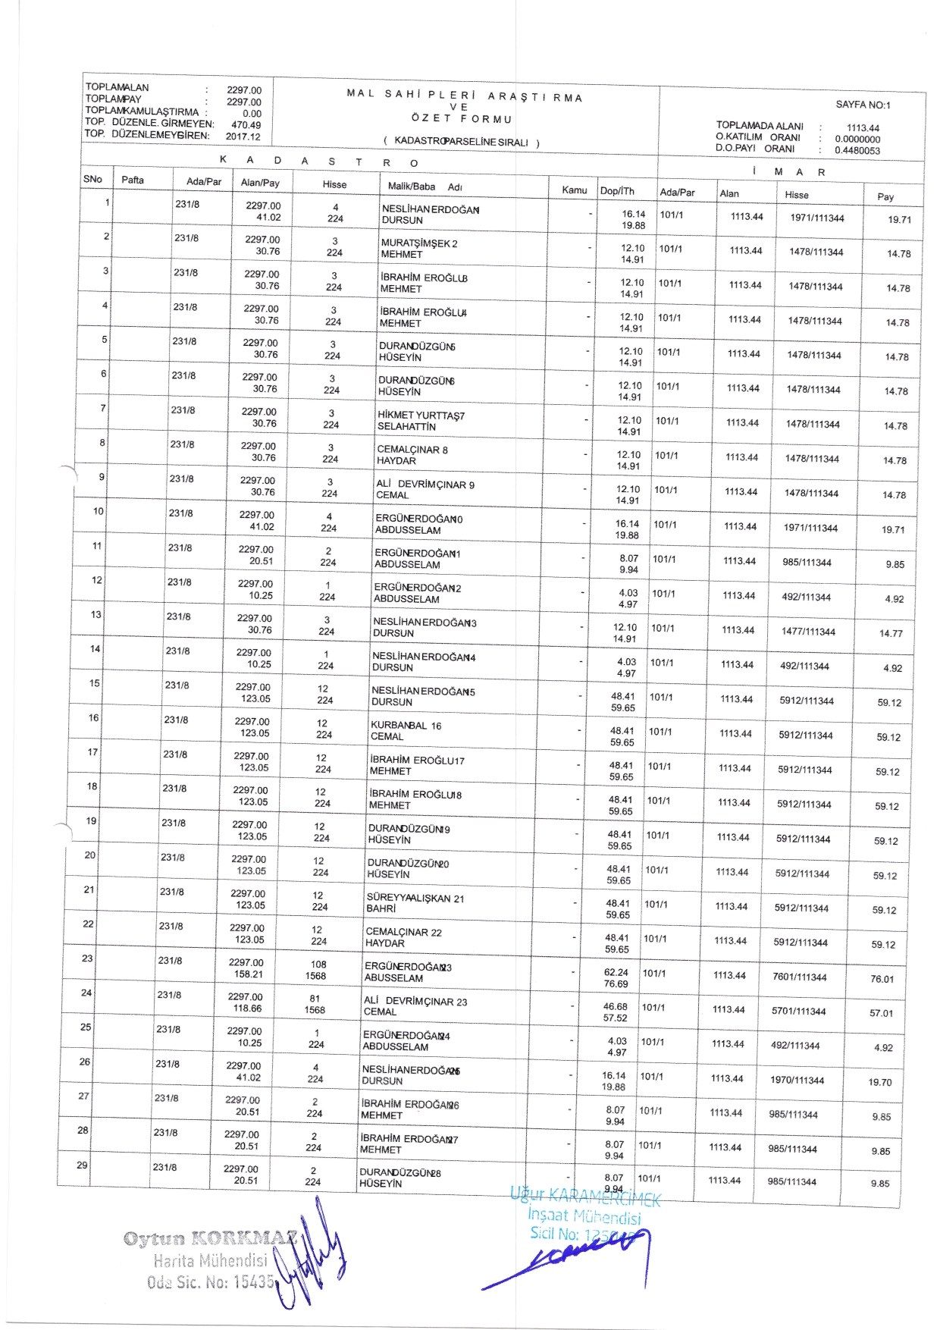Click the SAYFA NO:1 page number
863,105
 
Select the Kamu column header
574,190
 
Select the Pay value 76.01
882,979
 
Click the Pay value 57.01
881,1013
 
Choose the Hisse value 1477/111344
808,632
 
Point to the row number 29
82,1165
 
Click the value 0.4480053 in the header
857,150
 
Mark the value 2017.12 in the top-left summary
243,137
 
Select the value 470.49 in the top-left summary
246,125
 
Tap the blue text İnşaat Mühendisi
584,1216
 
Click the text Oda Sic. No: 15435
210,1282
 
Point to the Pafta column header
133,180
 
